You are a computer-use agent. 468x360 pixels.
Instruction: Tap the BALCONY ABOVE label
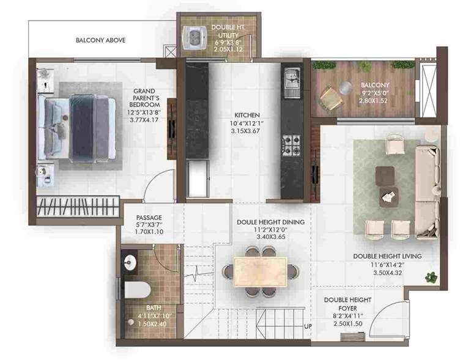tap(100, 40)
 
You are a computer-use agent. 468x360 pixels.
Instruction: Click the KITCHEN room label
tap(247, 115)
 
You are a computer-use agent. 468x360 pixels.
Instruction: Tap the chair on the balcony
tap(332, 97)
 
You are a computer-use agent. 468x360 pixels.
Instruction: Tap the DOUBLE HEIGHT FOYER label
tap(347, 303)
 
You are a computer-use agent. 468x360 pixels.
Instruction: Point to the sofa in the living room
tap(426, 183)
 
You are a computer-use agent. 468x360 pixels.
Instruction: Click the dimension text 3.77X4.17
tap(146, 120)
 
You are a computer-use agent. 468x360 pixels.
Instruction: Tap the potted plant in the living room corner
tap(432, 277)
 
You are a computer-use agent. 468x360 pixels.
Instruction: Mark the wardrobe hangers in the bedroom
tap(76, 204)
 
